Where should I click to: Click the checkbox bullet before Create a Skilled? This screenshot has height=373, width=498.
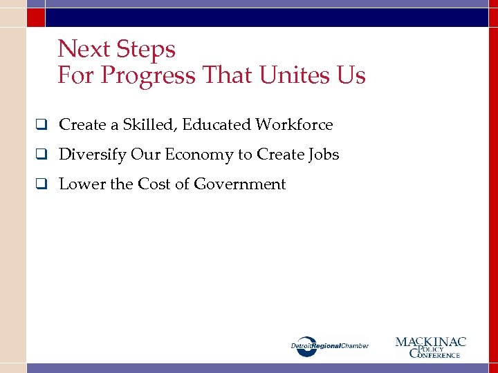coord(42,125)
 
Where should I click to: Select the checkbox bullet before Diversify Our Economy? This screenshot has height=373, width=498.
coord(42,155)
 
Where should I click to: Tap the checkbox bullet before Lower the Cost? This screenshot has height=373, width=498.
coord(42,184)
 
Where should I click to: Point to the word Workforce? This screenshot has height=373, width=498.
coord(294,125)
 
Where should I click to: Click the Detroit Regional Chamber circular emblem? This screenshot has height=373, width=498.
coord(307,346)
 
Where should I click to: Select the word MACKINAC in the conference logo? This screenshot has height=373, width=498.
coord(431,342)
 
